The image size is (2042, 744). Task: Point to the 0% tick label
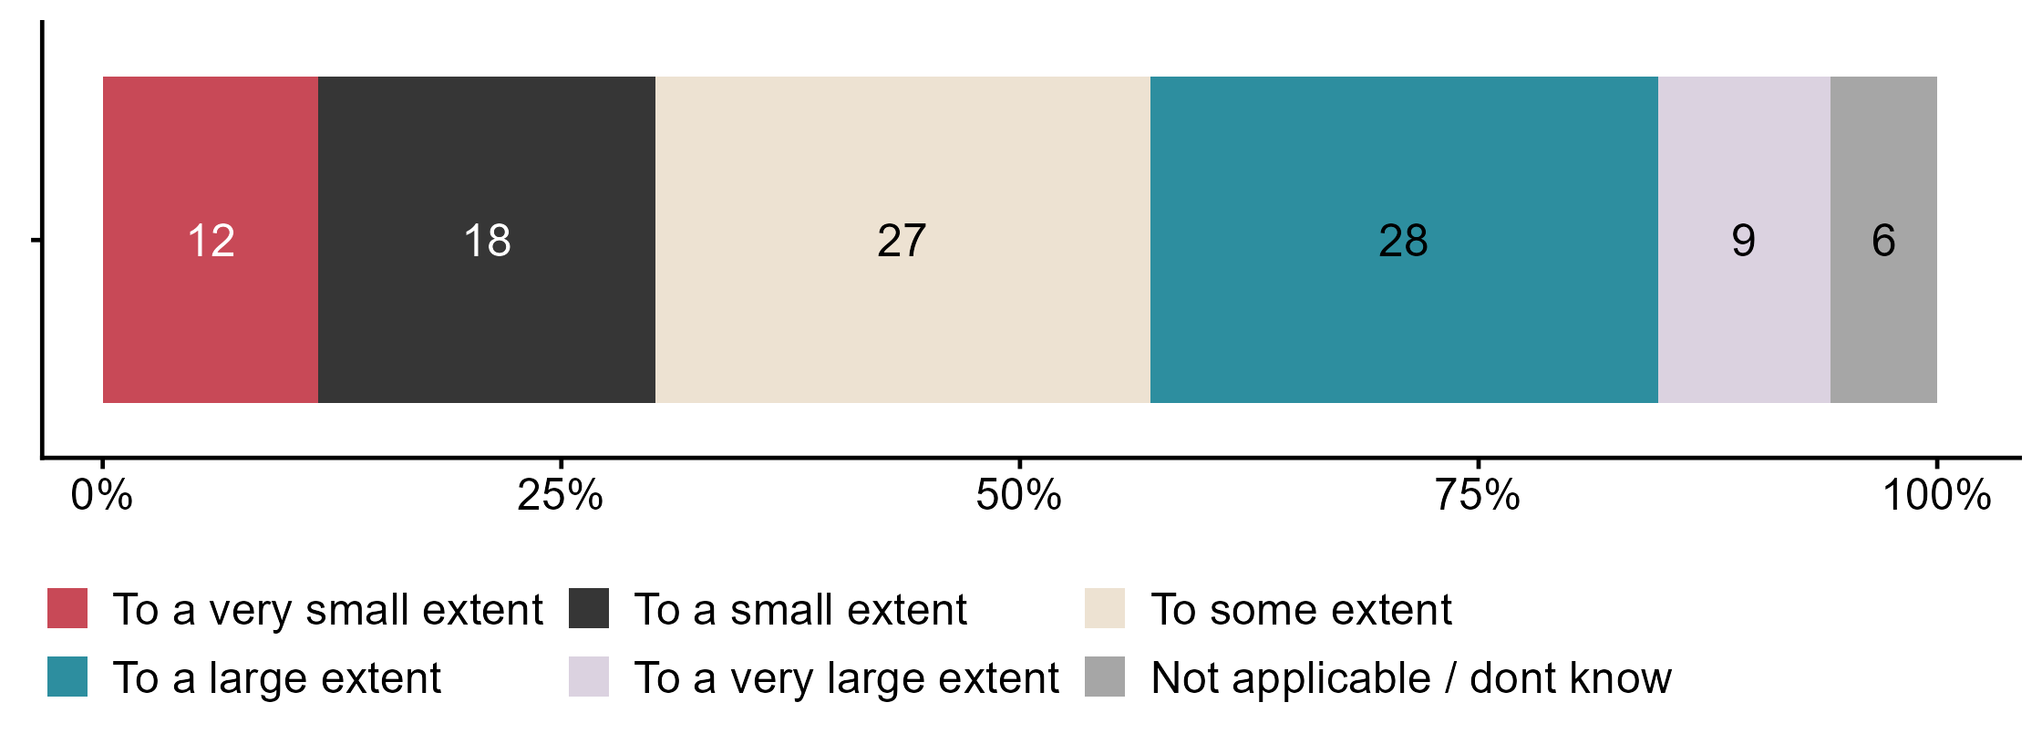(x=102, y=496)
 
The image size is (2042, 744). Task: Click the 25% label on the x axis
(x=561, y=496)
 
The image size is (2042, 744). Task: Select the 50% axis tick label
(x=1019, y=496)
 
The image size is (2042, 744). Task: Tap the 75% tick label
(x=1478, y=496)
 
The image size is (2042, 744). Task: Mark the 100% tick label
(x=1936, y=496)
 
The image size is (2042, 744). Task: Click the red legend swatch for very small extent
(x=67, y=608)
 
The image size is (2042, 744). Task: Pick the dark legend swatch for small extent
(x=589, y=608)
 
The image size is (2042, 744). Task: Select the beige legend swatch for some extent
(x=1105, y=608)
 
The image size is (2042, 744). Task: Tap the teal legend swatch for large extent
(x=67, y=677)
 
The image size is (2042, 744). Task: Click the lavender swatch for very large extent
(x=589, y=677)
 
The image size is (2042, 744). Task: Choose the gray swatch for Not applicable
(x=1105, y=677)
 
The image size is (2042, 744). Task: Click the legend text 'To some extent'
(x=1301, y=609)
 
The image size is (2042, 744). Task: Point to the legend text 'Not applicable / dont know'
(x=1411, y=677)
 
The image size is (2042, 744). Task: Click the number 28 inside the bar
(x=1403, y=241)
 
